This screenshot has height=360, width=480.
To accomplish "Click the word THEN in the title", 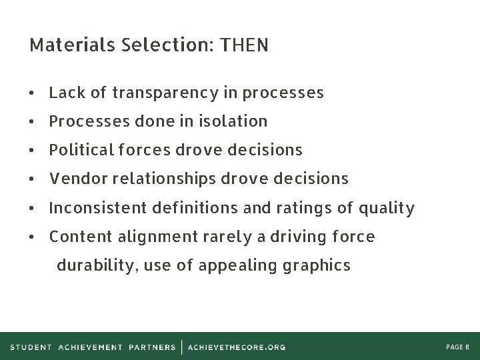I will (x=244, y=45).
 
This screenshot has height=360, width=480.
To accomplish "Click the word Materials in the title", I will (x=65, y=45).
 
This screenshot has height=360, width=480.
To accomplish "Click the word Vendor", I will (x=75, y=179).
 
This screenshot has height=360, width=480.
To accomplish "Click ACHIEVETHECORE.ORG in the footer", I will (x=237, y=347).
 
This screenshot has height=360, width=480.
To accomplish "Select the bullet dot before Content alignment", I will (x=33, y=237).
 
